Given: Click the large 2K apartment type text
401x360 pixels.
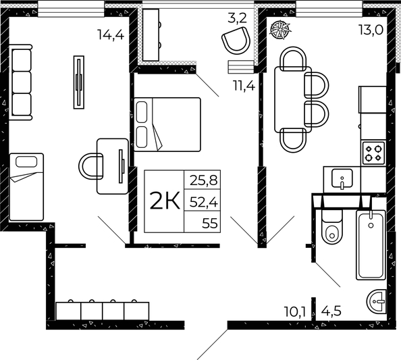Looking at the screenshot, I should pyautogui.click(x=164, y=201).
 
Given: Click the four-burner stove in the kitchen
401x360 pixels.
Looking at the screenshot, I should pyautogui.click(x=373, y=153).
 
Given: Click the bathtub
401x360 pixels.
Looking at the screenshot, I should pyautogui.click(x=371, y=245).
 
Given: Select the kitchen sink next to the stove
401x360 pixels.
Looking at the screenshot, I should pyautogui.click(x=343, y=179).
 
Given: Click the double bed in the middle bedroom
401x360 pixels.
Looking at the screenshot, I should pyautogui.click(x=168, y=124).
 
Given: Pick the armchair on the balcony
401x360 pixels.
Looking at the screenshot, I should pyautogui.click(x=236, y=41).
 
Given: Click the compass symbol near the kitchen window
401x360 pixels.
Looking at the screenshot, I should pyautogui.click(x=277, y=28).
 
